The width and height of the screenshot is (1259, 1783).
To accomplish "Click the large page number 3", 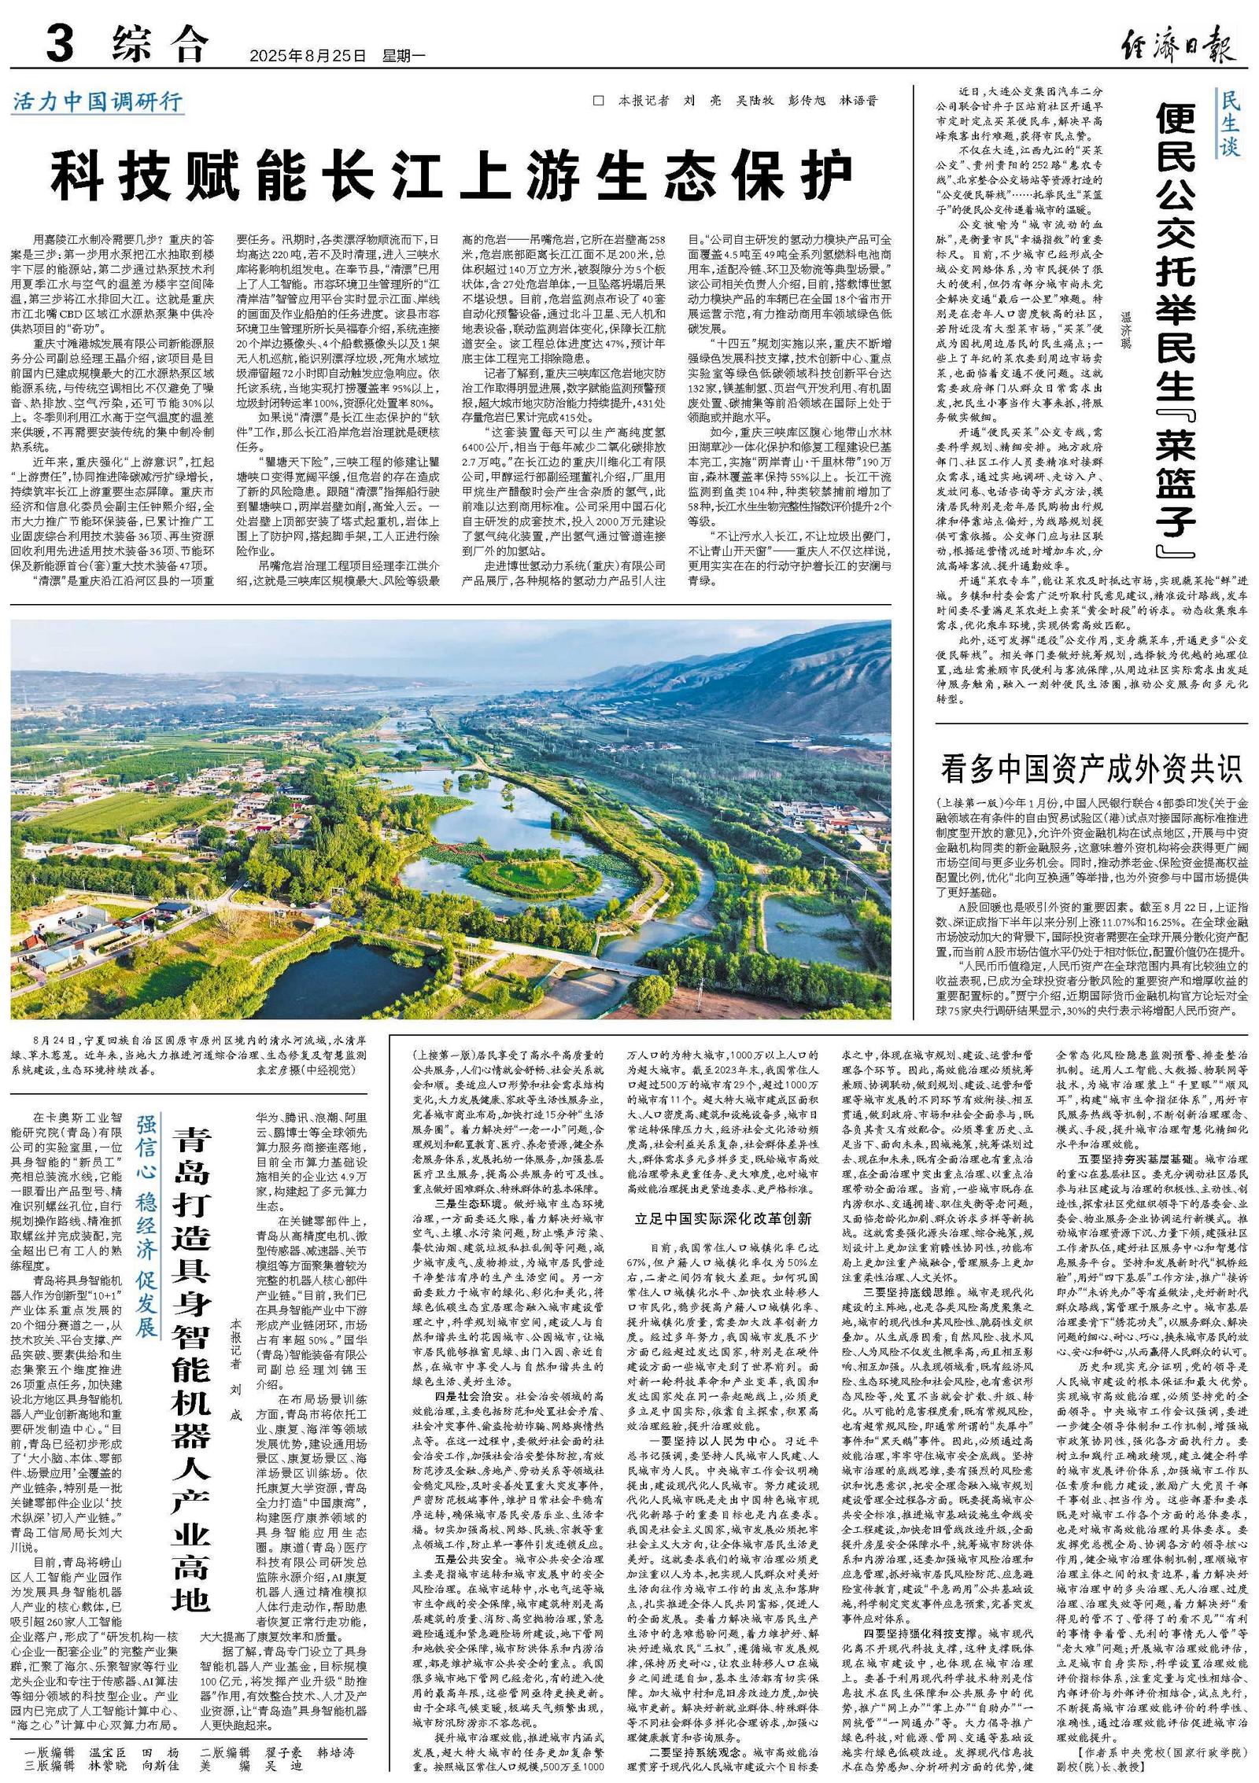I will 60,44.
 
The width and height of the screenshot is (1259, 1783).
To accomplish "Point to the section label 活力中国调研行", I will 98,102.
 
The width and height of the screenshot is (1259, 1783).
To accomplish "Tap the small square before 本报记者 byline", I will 598,101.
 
